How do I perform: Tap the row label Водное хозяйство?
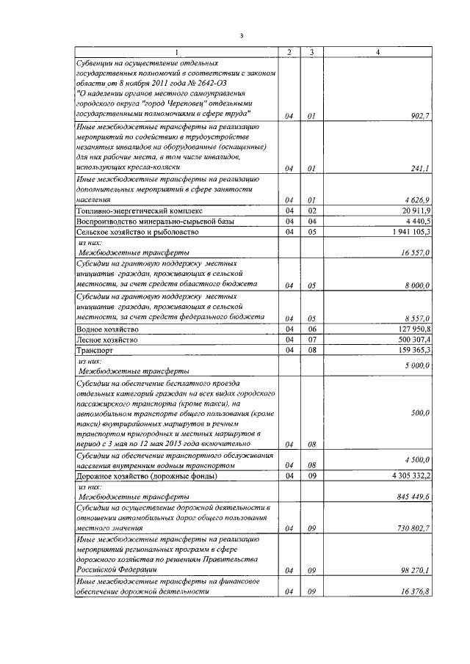coord(107,329)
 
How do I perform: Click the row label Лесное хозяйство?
coord(107,340)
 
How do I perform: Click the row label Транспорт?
coord(95,351)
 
